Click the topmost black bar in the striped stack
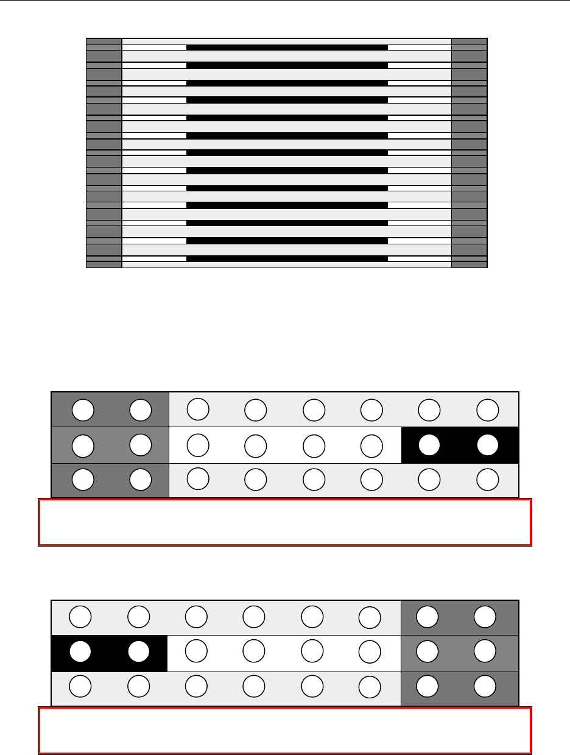click(287, 47)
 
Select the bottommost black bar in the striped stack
click(287, 258)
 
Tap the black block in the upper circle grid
click(460, 445)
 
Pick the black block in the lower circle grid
click(109, 653)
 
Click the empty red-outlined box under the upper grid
click(285, 522)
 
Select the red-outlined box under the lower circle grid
click(285, 730)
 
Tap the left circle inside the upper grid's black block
click(430, 445)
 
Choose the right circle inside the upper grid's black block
click(488, 445)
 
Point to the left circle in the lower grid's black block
click(80, 653)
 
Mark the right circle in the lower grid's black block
click(138, 653)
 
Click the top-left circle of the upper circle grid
click(83, 409)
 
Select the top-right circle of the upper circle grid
click(488, 409)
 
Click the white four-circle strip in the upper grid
click(285, 445)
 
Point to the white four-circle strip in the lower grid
click(284, 653)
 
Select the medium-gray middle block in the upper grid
click(110, 445)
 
